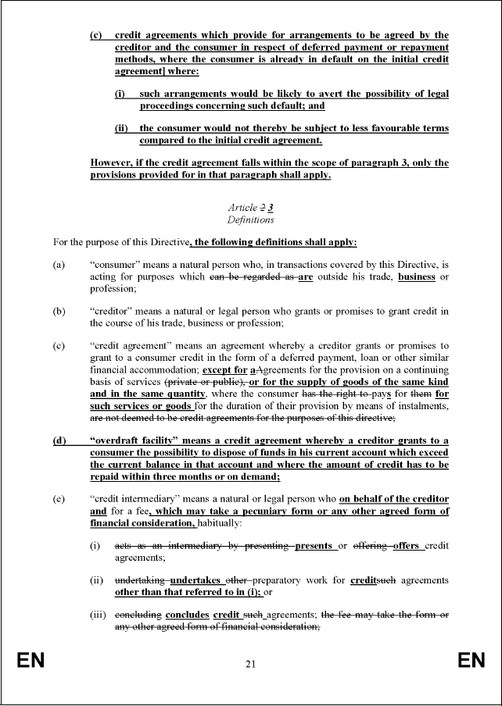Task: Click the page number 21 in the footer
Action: [250, 665]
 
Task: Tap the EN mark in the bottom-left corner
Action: [31, 661]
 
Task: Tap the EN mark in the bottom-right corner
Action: [472, 661]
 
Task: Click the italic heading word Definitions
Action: [250, 220]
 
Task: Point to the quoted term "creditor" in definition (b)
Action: [114, 311]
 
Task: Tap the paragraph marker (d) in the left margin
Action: [59, 441]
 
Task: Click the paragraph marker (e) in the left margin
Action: [59, 499]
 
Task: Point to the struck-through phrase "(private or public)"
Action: [205, 382]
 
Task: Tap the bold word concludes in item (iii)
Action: [185, 615]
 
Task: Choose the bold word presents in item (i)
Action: [314, 546]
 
